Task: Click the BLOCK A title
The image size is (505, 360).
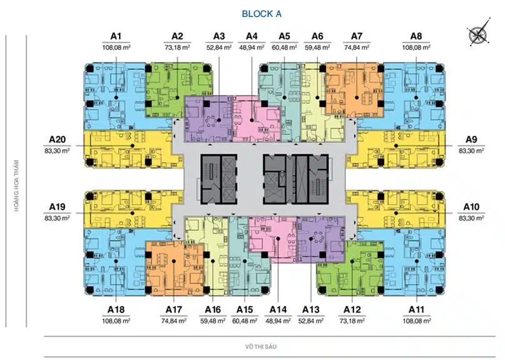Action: (262, 14)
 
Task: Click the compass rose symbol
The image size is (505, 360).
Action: (479, 31)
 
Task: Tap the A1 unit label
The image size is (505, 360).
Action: (116, 36)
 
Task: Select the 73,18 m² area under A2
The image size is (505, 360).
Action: (177, 48)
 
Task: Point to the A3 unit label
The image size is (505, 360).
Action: (219, 36)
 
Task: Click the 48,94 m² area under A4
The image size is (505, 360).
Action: (252, 48)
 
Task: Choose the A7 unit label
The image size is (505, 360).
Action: (357, 36)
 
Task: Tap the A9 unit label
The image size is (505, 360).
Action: (471, 140)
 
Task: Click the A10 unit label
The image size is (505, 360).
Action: (471, 207)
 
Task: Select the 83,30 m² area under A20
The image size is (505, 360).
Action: (58, 150)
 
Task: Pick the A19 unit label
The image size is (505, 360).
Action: (58, 207)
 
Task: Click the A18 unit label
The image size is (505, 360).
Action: (116, 310)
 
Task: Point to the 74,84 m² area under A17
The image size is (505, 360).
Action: (173, 321)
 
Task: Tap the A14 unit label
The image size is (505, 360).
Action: (278, 310)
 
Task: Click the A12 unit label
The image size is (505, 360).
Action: (352, 310)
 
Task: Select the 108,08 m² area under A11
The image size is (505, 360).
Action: (417, 321)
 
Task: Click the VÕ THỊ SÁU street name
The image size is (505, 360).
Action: (261, 347)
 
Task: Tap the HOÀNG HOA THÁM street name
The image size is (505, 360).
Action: (16, 186)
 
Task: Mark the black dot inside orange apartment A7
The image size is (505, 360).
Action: (357, 97)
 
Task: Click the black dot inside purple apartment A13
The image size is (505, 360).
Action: (311, 239)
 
